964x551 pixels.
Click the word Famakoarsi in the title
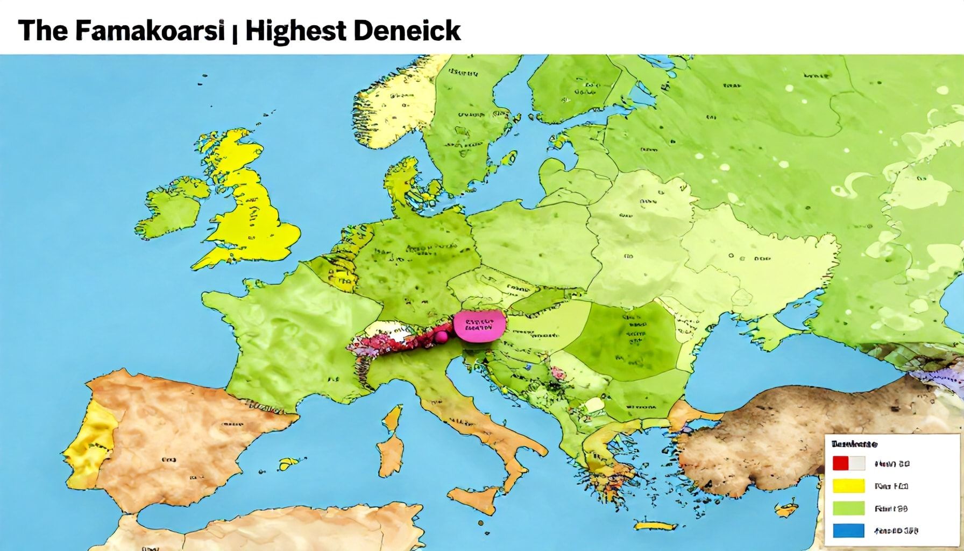(149, 31)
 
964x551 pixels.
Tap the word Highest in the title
(295, 31)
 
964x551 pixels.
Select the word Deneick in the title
(407, 31)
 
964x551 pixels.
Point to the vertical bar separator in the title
(235, 32)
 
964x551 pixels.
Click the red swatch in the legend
(841, 463)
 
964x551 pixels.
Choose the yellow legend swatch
(848, 486)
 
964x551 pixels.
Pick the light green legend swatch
(848, 508)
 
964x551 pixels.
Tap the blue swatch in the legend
(848, 531)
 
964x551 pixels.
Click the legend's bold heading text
(854, 444)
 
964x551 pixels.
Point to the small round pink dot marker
(441, 337)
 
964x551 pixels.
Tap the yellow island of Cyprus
(788, 507)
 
